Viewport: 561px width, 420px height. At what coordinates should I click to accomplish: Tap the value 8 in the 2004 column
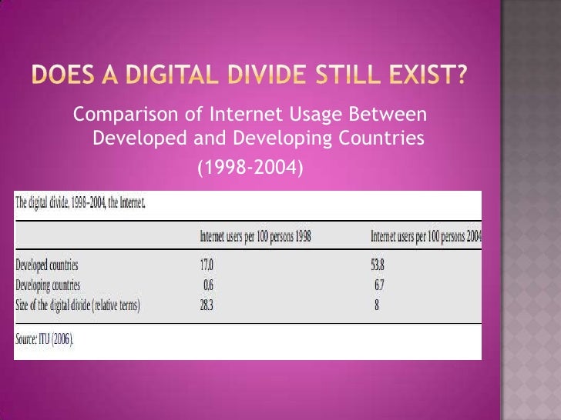[376, 305]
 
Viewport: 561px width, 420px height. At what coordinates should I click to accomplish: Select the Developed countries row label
[47, 265]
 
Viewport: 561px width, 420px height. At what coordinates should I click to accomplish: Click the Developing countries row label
[49, 285]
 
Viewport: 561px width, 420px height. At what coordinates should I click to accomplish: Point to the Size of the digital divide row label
[78, 305]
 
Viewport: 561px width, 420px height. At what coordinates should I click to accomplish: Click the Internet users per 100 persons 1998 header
[255, 235]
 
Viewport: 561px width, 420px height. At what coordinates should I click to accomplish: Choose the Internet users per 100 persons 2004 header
[426, 235]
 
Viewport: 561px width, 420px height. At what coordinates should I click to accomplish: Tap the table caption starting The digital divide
[79, 205]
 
